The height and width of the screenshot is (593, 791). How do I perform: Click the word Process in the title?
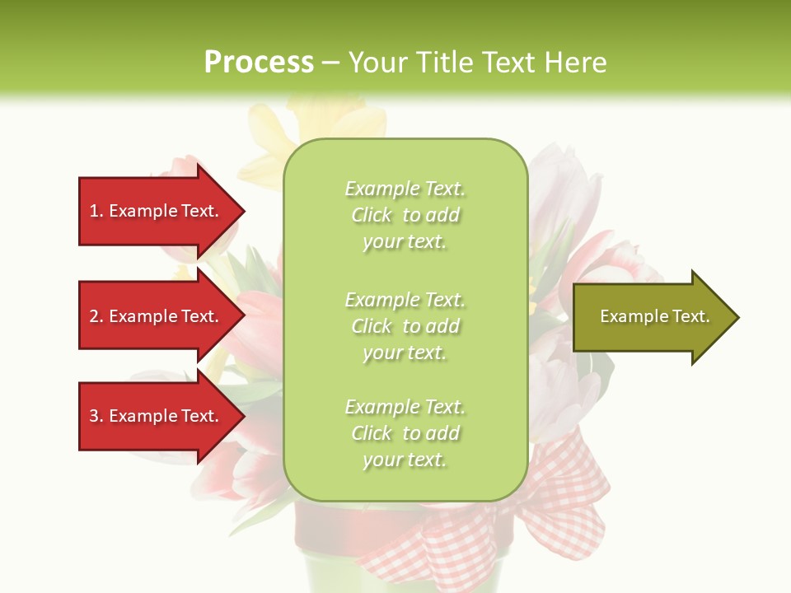pyautogui.click(x=259, y=63)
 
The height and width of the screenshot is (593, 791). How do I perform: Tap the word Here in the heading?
pyautogui.click(x=575, y=63)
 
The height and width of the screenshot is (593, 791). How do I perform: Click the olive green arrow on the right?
pyautogui.click(x=651, y=316)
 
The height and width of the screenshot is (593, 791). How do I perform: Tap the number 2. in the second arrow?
pyautogui.click(x=96, y=316)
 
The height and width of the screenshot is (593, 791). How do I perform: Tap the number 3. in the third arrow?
pyautogui.click(x=96, y=416)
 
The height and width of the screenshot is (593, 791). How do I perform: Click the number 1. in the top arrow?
pyautogui.click(x=96, y=211)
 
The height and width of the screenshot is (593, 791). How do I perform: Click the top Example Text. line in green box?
pyautogui.click(x=405, y=189)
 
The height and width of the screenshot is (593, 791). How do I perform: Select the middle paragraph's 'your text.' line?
pyautogui.click(x=405, y=353)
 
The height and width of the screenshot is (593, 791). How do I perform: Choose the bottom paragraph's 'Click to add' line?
pyautogui.click(x=405, y=433)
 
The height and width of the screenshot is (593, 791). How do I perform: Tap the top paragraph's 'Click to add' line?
pyautogui.click(x=405, y=215)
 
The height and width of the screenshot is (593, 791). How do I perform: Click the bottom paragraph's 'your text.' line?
pyautogui.click(x=405, y=460)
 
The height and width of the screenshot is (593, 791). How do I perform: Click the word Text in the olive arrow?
pyautogui.click(x=690, y=316)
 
